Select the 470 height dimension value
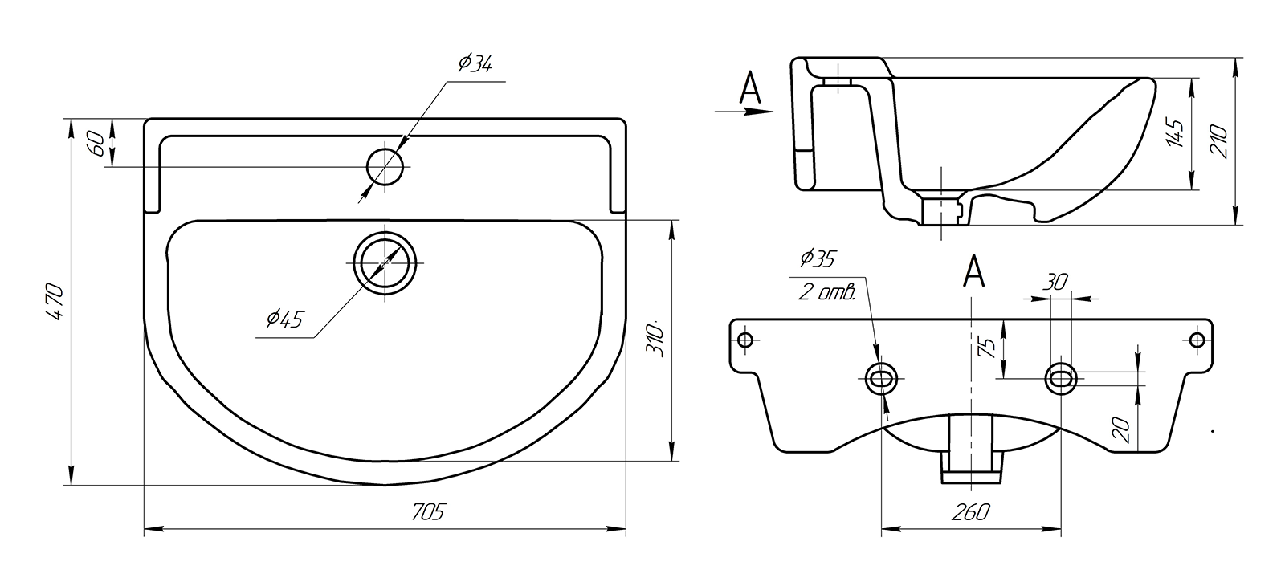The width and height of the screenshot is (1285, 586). point(55,303)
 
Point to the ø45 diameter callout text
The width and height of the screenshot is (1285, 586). point(284,319)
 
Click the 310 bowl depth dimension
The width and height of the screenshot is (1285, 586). point(655,340)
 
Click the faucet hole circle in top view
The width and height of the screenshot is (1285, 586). point(385,167)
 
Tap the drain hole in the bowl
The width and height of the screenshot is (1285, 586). point(385,263)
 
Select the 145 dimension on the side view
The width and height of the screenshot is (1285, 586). point(1174,134)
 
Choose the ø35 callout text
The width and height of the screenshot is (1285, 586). point(818,258)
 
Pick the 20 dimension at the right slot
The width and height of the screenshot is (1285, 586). point(1124,430)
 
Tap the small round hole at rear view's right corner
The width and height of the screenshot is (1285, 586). point(1197,340)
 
